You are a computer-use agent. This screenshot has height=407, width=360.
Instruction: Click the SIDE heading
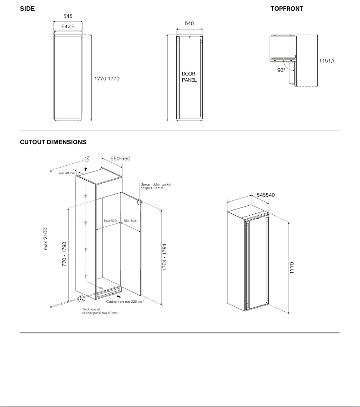coord(27,9)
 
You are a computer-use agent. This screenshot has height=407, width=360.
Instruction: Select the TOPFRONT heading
coord(286,9)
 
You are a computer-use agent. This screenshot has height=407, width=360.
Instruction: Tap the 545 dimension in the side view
coord(67,16)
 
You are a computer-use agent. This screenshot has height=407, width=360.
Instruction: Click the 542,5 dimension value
coord(67,27)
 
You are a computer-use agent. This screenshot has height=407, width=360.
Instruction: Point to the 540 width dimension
coord(189,23)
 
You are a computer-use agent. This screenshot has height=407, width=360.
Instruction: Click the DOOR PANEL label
coord(189,77)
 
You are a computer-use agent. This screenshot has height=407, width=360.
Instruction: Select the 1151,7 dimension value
coord(327,61)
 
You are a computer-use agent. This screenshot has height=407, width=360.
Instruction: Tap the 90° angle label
coord(281,70)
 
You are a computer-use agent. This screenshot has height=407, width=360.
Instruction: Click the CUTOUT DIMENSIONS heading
coord(53,142)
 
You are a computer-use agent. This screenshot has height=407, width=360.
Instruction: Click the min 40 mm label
coord(67,173)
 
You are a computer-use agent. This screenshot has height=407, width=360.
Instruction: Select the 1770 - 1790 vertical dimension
coord(64,256)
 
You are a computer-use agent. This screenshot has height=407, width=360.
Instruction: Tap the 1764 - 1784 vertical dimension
coord(164,257)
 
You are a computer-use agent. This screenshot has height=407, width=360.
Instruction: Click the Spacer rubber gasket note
coord(156,186)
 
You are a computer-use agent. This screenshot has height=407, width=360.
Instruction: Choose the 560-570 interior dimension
coord(110,221)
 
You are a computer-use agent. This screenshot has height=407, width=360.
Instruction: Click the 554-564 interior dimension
coord(130,221)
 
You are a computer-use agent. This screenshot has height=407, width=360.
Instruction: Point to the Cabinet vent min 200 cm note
coord(125,302)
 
